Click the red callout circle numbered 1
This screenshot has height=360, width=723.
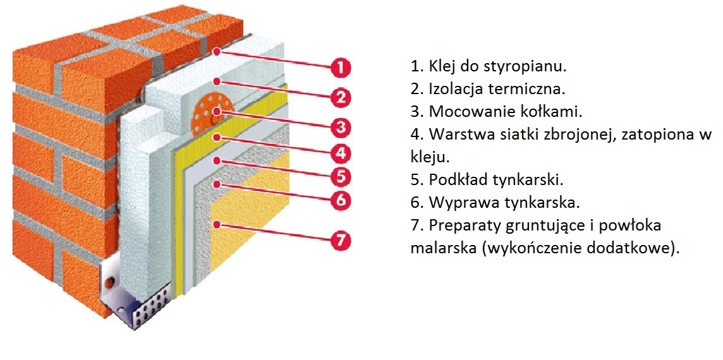[341, 66]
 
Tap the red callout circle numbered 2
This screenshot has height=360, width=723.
[341, 97]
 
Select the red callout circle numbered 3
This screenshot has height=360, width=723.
[341, 127]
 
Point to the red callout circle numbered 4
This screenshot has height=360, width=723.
[341, 152]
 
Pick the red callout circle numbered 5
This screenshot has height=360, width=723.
[341, 175]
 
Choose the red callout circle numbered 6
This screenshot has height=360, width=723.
[341, 200]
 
